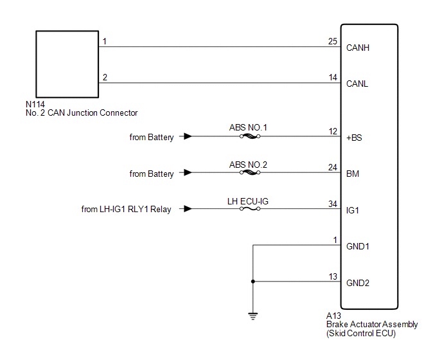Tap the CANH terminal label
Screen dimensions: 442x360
[357, 48]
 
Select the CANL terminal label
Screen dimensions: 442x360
[357, 84]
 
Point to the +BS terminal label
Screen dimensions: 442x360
[354, 138]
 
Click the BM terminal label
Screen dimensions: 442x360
[352, 174]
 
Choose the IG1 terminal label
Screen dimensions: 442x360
[352, 210]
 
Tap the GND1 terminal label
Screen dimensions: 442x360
[357, 247]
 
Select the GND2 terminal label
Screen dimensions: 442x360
[357, 283]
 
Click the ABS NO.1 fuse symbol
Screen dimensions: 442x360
[250, 136]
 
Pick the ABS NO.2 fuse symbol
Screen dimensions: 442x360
[250, 172]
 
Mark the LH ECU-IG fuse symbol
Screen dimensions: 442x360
[250, 209]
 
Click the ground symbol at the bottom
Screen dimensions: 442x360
[253, 316]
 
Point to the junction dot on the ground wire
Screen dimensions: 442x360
[253, 282]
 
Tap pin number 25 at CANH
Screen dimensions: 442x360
[333, 42]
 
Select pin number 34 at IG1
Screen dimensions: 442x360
[333, 204]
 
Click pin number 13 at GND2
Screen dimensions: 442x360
[333, 276]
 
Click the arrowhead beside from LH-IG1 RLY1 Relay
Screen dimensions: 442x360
[188, 209]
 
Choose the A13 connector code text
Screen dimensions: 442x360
[333, 316]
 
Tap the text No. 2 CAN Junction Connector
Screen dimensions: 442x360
[82, 113]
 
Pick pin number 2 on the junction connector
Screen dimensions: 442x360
[105, 77]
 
